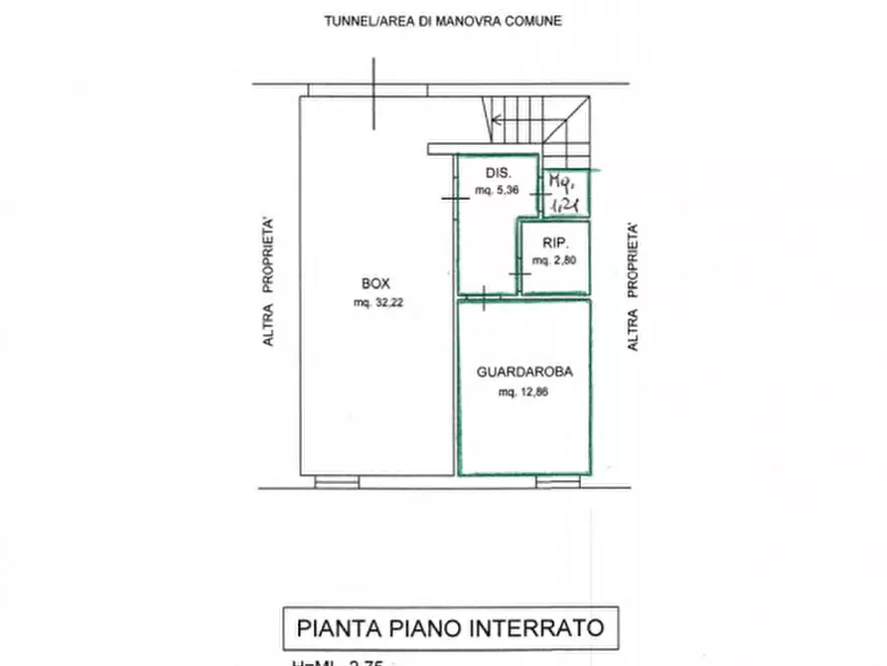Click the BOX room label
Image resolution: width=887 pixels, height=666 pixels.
pyautogui.click(x=373, y=283)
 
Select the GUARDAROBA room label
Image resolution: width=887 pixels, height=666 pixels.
pyautogui.click(x=523, y=374)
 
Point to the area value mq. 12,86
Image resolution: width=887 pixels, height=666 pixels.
pyautogui.click(x=523, y=393)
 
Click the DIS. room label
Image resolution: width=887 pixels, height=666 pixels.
pyautogui.click(x=484, y=173)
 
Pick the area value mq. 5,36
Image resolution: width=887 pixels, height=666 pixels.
pyautogui.click(x=496, y=191)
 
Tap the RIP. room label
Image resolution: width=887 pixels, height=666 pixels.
pyautogui.click(x=554, y=243)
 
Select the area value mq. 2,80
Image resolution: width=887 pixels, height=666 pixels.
pyautogui.click(x=553, y=260)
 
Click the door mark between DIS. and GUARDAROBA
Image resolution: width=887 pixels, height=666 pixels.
pyautogui.click(x=482, y=294)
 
